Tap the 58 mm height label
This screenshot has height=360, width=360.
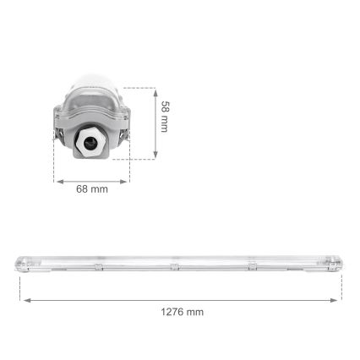(167, 118)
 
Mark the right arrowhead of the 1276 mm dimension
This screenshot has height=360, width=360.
(339, 299)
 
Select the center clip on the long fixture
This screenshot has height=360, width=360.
(173, 267)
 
